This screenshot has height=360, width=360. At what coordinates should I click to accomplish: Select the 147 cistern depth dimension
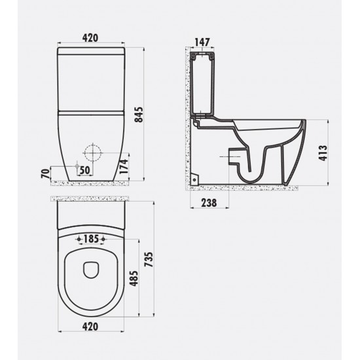click(x=202, y=41)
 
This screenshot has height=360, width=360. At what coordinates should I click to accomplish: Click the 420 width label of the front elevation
click(x=92, y=37)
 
